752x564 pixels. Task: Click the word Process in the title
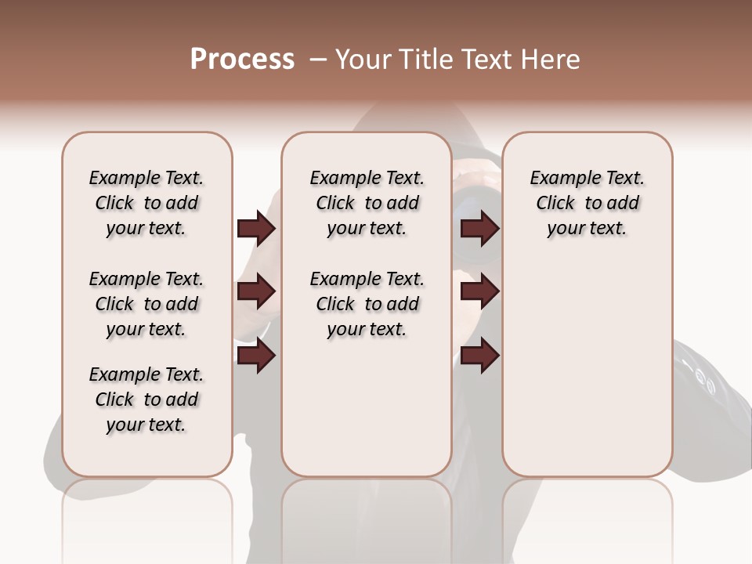pyautogui.click(x=242, y=60)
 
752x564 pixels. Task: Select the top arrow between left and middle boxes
pyautogui.click(x=256, y=229)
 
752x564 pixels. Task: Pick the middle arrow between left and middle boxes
pyautogui.click(x=256, y=291)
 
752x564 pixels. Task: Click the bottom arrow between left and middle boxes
pyautogui.click(x=256, y=356)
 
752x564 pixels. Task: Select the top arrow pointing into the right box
pyautogui.click(x=479, y=229)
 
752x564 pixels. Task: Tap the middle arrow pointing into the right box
pyautogui.click(x=479, y=291)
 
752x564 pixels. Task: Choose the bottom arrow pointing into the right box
pyautogui.click(x=479, y=356)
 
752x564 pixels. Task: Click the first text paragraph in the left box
pyautogui.click(x=146, y=203)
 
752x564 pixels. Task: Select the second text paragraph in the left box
pyautogui.click(x=146, y=304)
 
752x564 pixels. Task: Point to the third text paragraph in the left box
pyautogui.click(x=146, y=399)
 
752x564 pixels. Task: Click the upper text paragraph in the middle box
pyautogui.click(x=367, y=203)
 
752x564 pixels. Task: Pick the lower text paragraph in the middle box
pyautogui.click(x=367, y=304)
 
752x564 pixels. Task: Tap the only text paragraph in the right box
pyautogui.click(x=587, y=203)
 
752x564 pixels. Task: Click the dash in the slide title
pyautogui.click(x=318, y=60)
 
